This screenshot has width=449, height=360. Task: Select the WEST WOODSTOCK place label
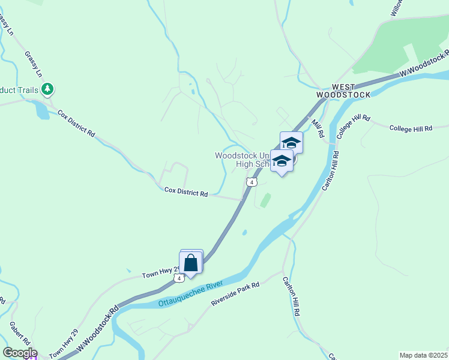[341, 91]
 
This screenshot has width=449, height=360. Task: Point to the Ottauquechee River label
[190, 293]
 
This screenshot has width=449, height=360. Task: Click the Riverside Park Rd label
[235, 294]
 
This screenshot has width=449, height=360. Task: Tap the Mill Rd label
[318, 130]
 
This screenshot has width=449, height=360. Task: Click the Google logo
[19, 353]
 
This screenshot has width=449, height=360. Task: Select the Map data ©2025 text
[423, 355]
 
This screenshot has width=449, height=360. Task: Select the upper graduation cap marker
[291, 143]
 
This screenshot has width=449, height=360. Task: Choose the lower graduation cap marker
[281, 161]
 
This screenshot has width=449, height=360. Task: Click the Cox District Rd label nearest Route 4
[186, 193]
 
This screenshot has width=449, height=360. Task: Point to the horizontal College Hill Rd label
[411, 128]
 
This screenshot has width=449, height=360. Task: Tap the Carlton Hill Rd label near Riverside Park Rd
[292, 296]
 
